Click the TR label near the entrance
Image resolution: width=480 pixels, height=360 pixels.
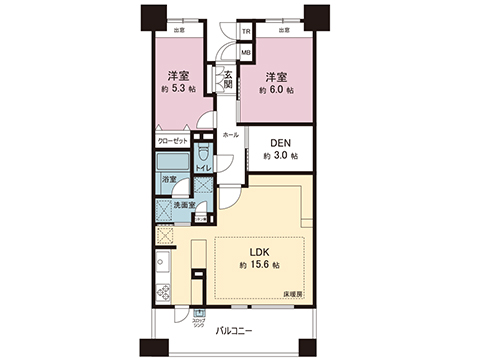click(x=246, y=31)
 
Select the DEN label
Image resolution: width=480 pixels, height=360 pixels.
click(x=280, y=143)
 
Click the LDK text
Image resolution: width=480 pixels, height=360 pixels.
click(x=258, y=251)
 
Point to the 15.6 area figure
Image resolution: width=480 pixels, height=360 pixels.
click(x=263, y=266)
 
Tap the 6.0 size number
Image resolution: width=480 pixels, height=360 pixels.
click(x=279, y=89)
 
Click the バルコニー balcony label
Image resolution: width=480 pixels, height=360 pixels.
click(x=238, y=329)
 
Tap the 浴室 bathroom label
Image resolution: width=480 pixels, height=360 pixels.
click(x=169, y=180)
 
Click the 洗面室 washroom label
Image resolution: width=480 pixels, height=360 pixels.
click(x=184, y=205)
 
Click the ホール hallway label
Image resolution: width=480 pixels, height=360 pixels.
click(x=230, y=133)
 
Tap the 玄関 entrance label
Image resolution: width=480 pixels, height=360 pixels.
click(x=227, y=79)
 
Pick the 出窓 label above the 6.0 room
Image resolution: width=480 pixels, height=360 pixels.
click(x=283, y=31)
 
